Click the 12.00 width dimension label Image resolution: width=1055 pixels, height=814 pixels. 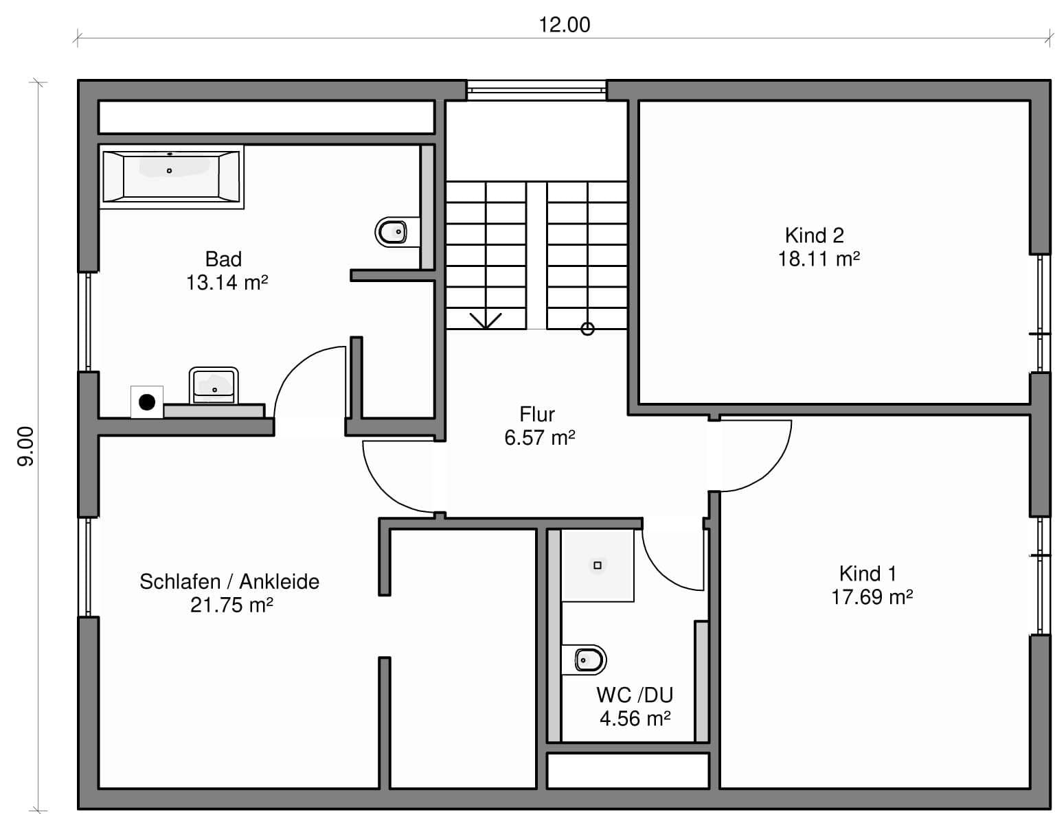click(x=564, y=25)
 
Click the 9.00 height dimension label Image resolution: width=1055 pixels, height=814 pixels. click(x=25, y=446)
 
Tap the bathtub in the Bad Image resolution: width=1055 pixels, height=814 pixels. click(x=171, y=176)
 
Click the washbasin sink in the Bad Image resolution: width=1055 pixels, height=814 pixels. click(x=214, y=386)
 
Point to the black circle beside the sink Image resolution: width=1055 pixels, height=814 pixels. click(x=147, y=402)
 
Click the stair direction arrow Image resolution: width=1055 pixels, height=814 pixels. click(x=486, y=321)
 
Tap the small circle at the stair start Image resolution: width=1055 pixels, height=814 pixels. click(x=587, y=329)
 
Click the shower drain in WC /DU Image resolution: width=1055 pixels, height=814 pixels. click(x=598, y=565)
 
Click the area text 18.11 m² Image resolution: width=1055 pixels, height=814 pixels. click(x=819, y=259)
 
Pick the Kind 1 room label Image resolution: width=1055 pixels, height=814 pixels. click(x=867, y=573)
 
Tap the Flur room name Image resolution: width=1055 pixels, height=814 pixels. click(x=537, y=415)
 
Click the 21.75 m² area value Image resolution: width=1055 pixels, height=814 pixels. click(x=231, y=605)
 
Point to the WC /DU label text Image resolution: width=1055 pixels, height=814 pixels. click(x=635, y=695)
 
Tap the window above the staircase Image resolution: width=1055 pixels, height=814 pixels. click(x=536, y=90)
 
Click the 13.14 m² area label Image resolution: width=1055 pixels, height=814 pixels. click(x=227, y=282)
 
